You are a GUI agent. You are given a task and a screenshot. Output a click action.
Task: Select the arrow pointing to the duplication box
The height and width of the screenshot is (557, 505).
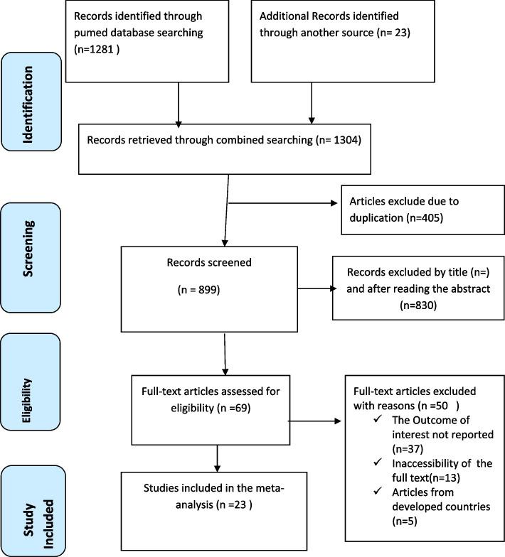pyautogui.click(x=334, y=202)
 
